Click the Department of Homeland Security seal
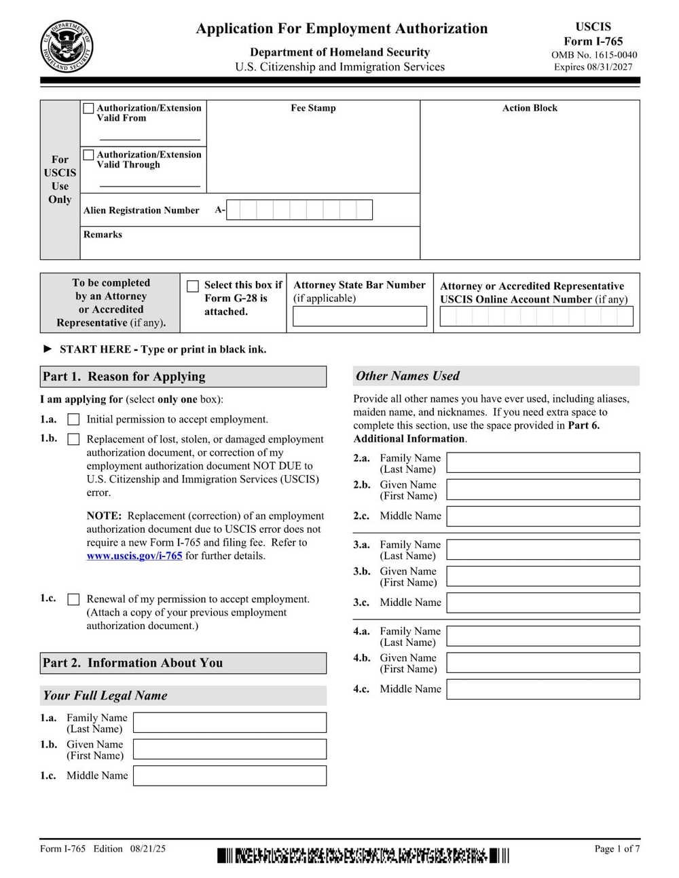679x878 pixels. click(x=67, y=46)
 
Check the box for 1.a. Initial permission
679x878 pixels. click(x=73, y=419)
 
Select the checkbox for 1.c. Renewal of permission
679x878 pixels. click(x=73, y=599)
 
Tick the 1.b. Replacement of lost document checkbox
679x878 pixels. click(x=73, y=439)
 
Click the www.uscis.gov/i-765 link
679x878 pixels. click(x=134, y=556)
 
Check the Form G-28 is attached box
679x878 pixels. click(x=193, y=286)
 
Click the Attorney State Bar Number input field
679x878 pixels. click(x=360, y=316)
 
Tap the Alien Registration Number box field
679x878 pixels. click(x=299, y=210)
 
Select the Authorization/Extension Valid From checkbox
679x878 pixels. click(x=88, y=108)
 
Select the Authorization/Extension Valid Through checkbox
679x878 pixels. click(x=88, y=155)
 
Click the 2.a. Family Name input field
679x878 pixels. click(x=543, y=463)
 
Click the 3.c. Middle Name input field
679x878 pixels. click(x=543, y=603)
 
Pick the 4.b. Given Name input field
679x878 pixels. click(x=543, y=663)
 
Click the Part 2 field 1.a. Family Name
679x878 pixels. click(x=230, y=722)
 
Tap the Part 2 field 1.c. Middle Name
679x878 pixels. click(x=230, y=776)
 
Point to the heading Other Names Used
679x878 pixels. click(x=407, y=376)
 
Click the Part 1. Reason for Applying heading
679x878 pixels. click(x=124, y=377)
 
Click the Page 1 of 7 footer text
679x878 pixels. click(x=617, y=848)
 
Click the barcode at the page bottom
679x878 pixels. click(x=363, y=856)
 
